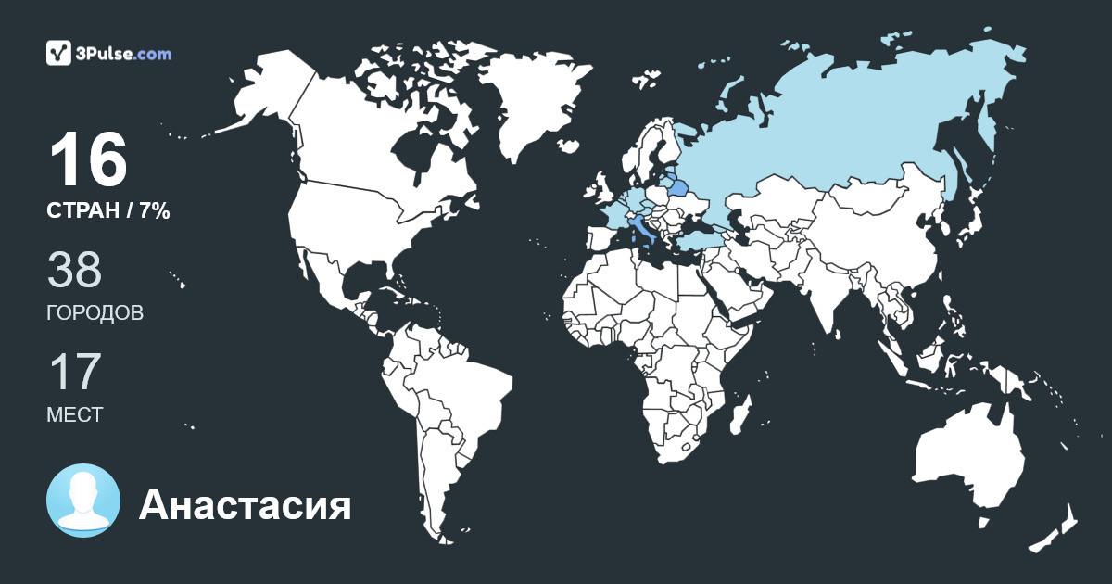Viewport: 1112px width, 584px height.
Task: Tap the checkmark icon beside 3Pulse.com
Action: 59,53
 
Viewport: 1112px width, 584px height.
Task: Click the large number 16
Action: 88,161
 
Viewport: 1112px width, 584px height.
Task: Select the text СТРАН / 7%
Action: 108,211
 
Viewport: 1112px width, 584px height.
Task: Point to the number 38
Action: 74,271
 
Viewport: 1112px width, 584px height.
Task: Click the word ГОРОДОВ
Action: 95,313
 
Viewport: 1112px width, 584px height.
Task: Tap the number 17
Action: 74,373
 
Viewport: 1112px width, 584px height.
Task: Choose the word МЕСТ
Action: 75,415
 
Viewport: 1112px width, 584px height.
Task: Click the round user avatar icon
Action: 83,501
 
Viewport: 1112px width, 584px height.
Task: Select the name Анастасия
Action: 245,506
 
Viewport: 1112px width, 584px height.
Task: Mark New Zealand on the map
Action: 1056,528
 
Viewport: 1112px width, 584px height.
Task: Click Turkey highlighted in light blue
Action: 690,239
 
